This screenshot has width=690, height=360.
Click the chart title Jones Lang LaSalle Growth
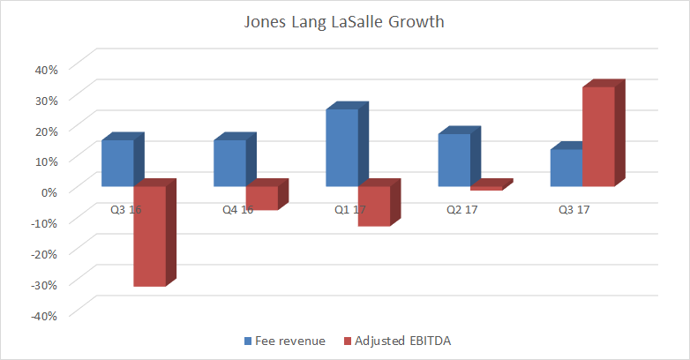344,21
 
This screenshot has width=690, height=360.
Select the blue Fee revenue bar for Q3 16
117,163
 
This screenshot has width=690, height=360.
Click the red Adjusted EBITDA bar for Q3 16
149,236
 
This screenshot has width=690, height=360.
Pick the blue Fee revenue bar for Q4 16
229,163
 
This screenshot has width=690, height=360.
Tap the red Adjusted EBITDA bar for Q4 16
261,198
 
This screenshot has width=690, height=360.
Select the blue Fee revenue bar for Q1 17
341,147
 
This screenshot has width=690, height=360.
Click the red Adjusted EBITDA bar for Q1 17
373,206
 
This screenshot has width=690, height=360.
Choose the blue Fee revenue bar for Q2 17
454,160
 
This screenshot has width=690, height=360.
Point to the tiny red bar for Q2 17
486,188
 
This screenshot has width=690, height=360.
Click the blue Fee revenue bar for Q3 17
566,168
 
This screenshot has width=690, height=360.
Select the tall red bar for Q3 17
598,137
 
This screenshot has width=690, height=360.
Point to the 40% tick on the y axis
45,68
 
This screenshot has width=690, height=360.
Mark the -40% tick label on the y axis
43,315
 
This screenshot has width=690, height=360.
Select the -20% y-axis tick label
43,253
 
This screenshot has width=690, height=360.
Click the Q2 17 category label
458,210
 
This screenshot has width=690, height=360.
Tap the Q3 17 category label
570,210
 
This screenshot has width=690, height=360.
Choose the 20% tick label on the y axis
45,130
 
